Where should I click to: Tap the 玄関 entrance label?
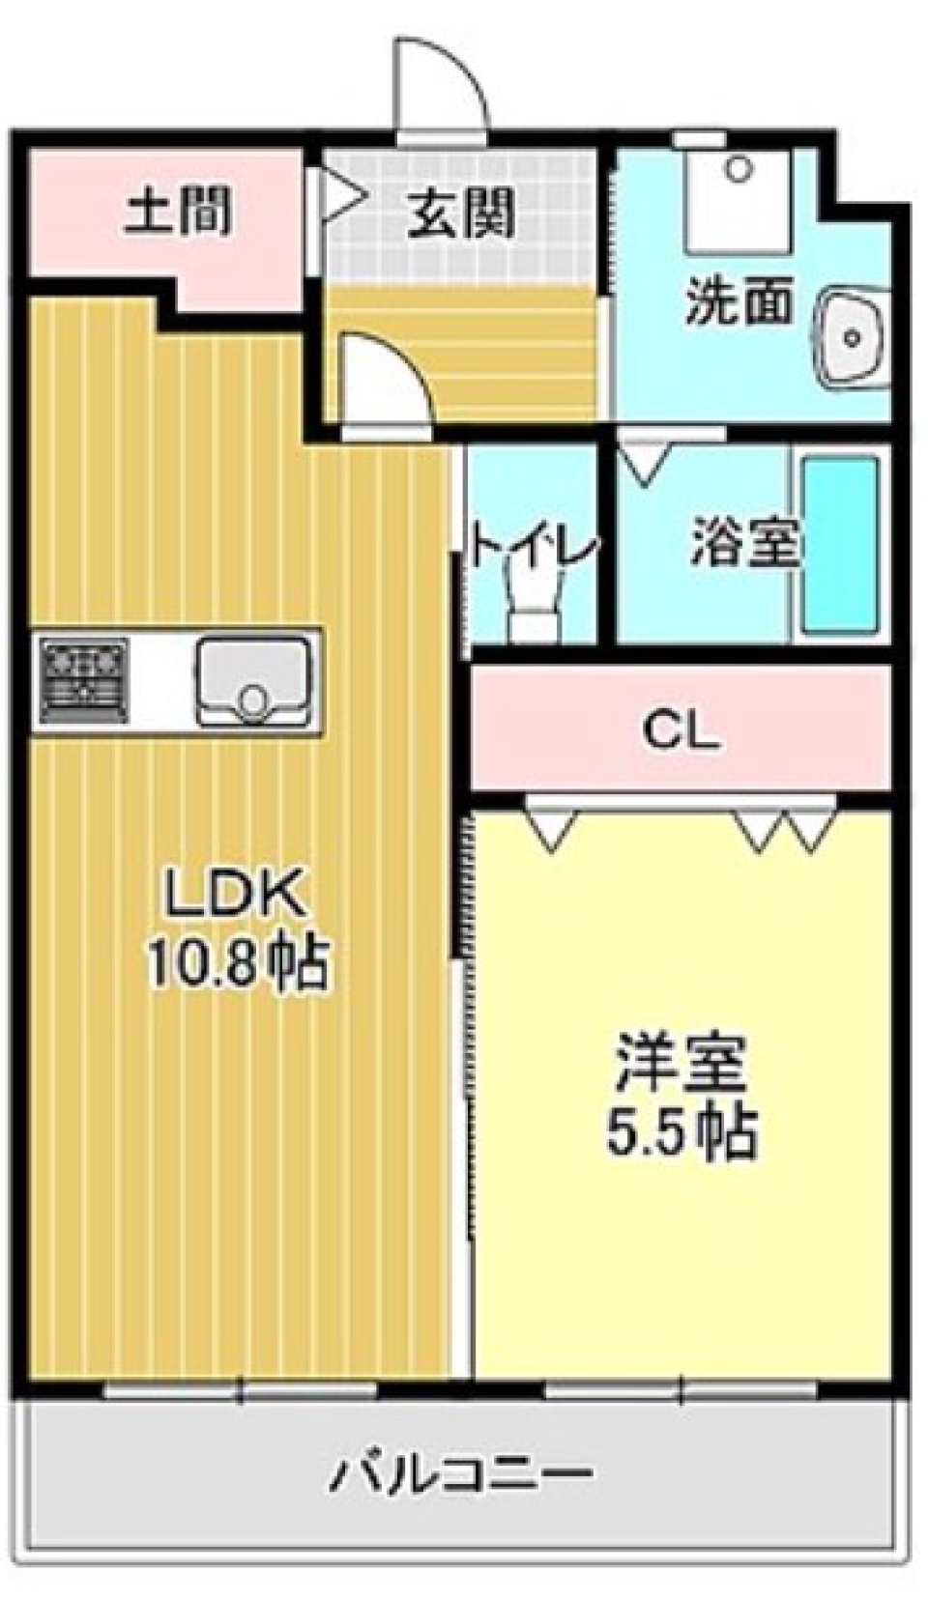click(460, 214)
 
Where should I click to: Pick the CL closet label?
click(681, 733)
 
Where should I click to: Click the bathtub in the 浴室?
click(839, 545)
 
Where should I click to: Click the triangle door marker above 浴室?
click(643, 463)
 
